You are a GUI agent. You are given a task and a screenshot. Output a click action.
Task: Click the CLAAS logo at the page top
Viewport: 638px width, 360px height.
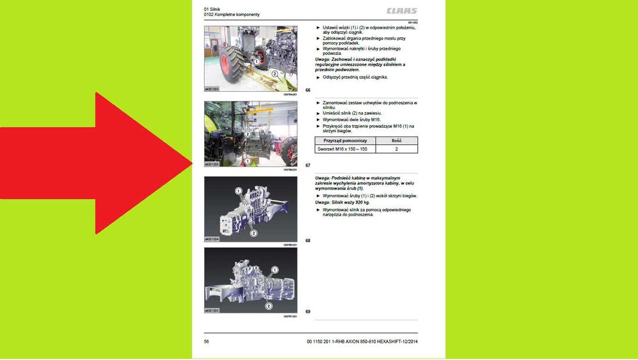point(401,11)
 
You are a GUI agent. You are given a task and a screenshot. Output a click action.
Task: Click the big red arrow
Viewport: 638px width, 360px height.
point(96,163)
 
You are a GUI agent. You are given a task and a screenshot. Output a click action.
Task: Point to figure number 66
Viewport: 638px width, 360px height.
point(308,90)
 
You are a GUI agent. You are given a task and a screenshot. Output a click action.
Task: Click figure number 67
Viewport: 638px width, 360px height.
point(308,165)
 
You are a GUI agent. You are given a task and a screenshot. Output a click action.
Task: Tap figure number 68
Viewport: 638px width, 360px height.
point(308,241)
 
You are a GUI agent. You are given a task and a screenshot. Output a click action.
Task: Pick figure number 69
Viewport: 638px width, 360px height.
point(308,311)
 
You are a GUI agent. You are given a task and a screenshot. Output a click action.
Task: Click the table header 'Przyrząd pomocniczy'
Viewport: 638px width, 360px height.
point(345,140)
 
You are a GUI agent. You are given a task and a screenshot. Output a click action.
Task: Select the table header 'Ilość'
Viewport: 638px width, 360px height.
point(396,140)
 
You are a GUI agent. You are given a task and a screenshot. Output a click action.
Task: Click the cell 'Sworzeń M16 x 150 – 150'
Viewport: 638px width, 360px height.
point(345,149)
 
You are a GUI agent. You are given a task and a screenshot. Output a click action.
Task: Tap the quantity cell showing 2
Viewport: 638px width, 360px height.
point(396,149)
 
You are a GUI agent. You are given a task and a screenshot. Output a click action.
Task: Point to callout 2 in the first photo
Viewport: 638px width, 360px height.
point(274,74)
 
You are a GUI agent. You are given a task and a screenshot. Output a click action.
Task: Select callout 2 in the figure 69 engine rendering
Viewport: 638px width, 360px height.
point(269,306)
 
